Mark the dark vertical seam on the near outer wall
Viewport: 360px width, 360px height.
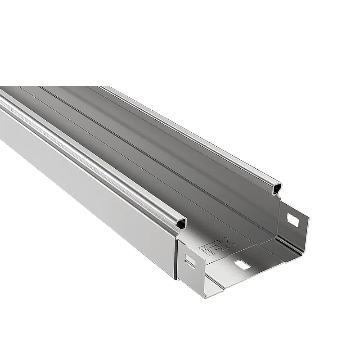point(176,260)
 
